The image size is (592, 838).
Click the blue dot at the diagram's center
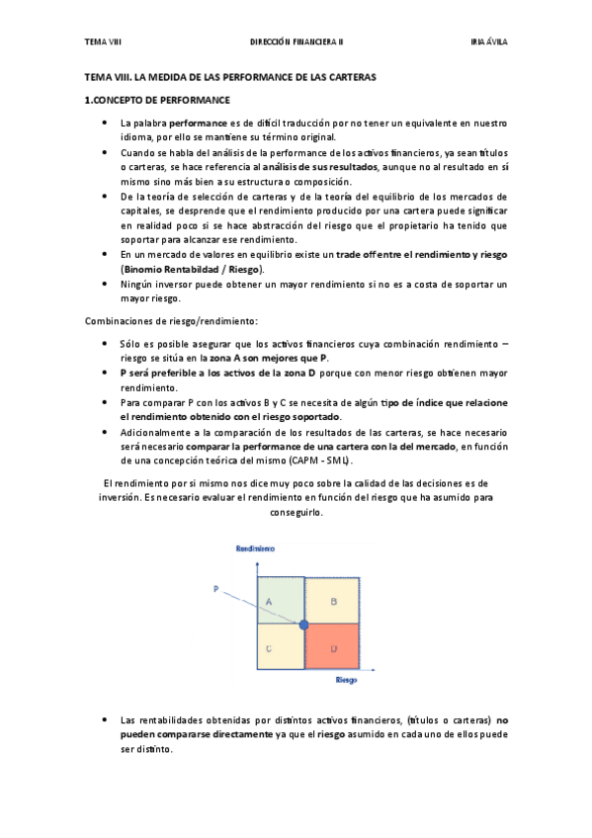303,625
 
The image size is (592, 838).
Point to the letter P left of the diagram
214,589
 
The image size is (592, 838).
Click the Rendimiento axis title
254,547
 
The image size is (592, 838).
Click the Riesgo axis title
346,681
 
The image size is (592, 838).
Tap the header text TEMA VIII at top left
102,42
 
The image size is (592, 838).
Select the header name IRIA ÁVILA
488,42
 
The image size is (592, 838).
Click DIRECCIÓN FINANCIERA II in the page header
296,42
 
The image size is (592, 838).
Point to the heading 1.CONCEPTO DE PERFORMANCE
157,100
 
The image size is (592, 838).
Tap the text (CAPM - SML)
321,461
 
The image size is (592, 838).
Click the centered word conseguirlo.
296,513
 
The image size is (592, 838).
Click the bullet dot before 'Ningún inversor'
107,285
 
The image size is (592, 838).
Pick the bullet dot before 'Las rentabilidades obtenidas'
107,719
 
